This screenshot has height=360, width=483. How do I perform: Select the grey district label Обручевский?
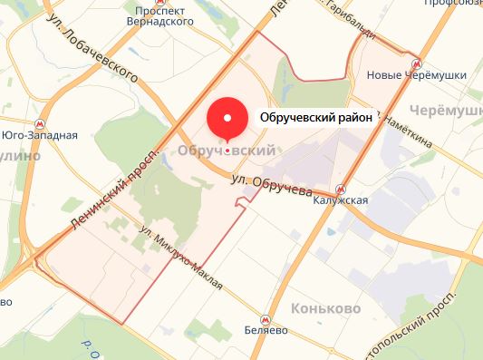(227, 151)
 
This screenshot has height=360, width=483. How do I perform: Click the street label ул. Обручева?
(271, 187)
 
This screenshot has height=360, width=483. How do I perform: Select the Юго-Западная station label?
(39, 135)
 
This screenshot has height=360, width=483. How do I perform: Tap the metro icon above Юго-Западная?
(39, 122)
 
